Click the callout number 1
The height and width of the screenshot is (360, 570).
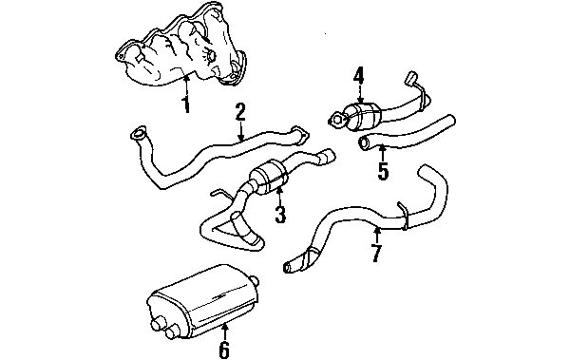point(186,104)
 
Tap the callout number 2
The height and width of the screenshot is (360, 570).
point(240,112)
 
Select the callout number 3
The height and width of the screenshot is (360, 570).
point(280,214)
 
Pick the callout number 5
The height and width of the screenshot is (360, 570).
point(383,171)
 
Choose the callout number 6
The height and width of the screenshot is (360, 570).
point(224,349)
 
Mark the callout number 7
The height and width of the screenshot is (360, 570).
point(376,253)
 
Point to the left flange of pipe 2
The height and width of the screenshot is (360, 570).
point(138,133)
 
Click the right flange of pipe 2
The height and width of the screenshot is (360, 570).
point(300,136)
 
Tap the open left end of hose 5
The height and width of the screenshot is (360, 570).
point(364,143)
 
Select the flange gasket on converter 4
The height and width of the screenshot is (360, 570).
point(337,121)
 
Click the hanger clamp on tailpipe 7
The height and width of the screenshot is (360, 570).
point(404,216)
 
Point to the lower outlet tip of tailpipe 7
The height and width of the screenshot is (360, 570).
point(288,267)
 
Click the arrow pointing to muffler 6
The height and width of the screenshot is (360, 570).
point(224,331)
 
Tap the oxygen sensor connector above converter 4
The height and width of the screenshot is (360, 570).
point(411,77)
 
